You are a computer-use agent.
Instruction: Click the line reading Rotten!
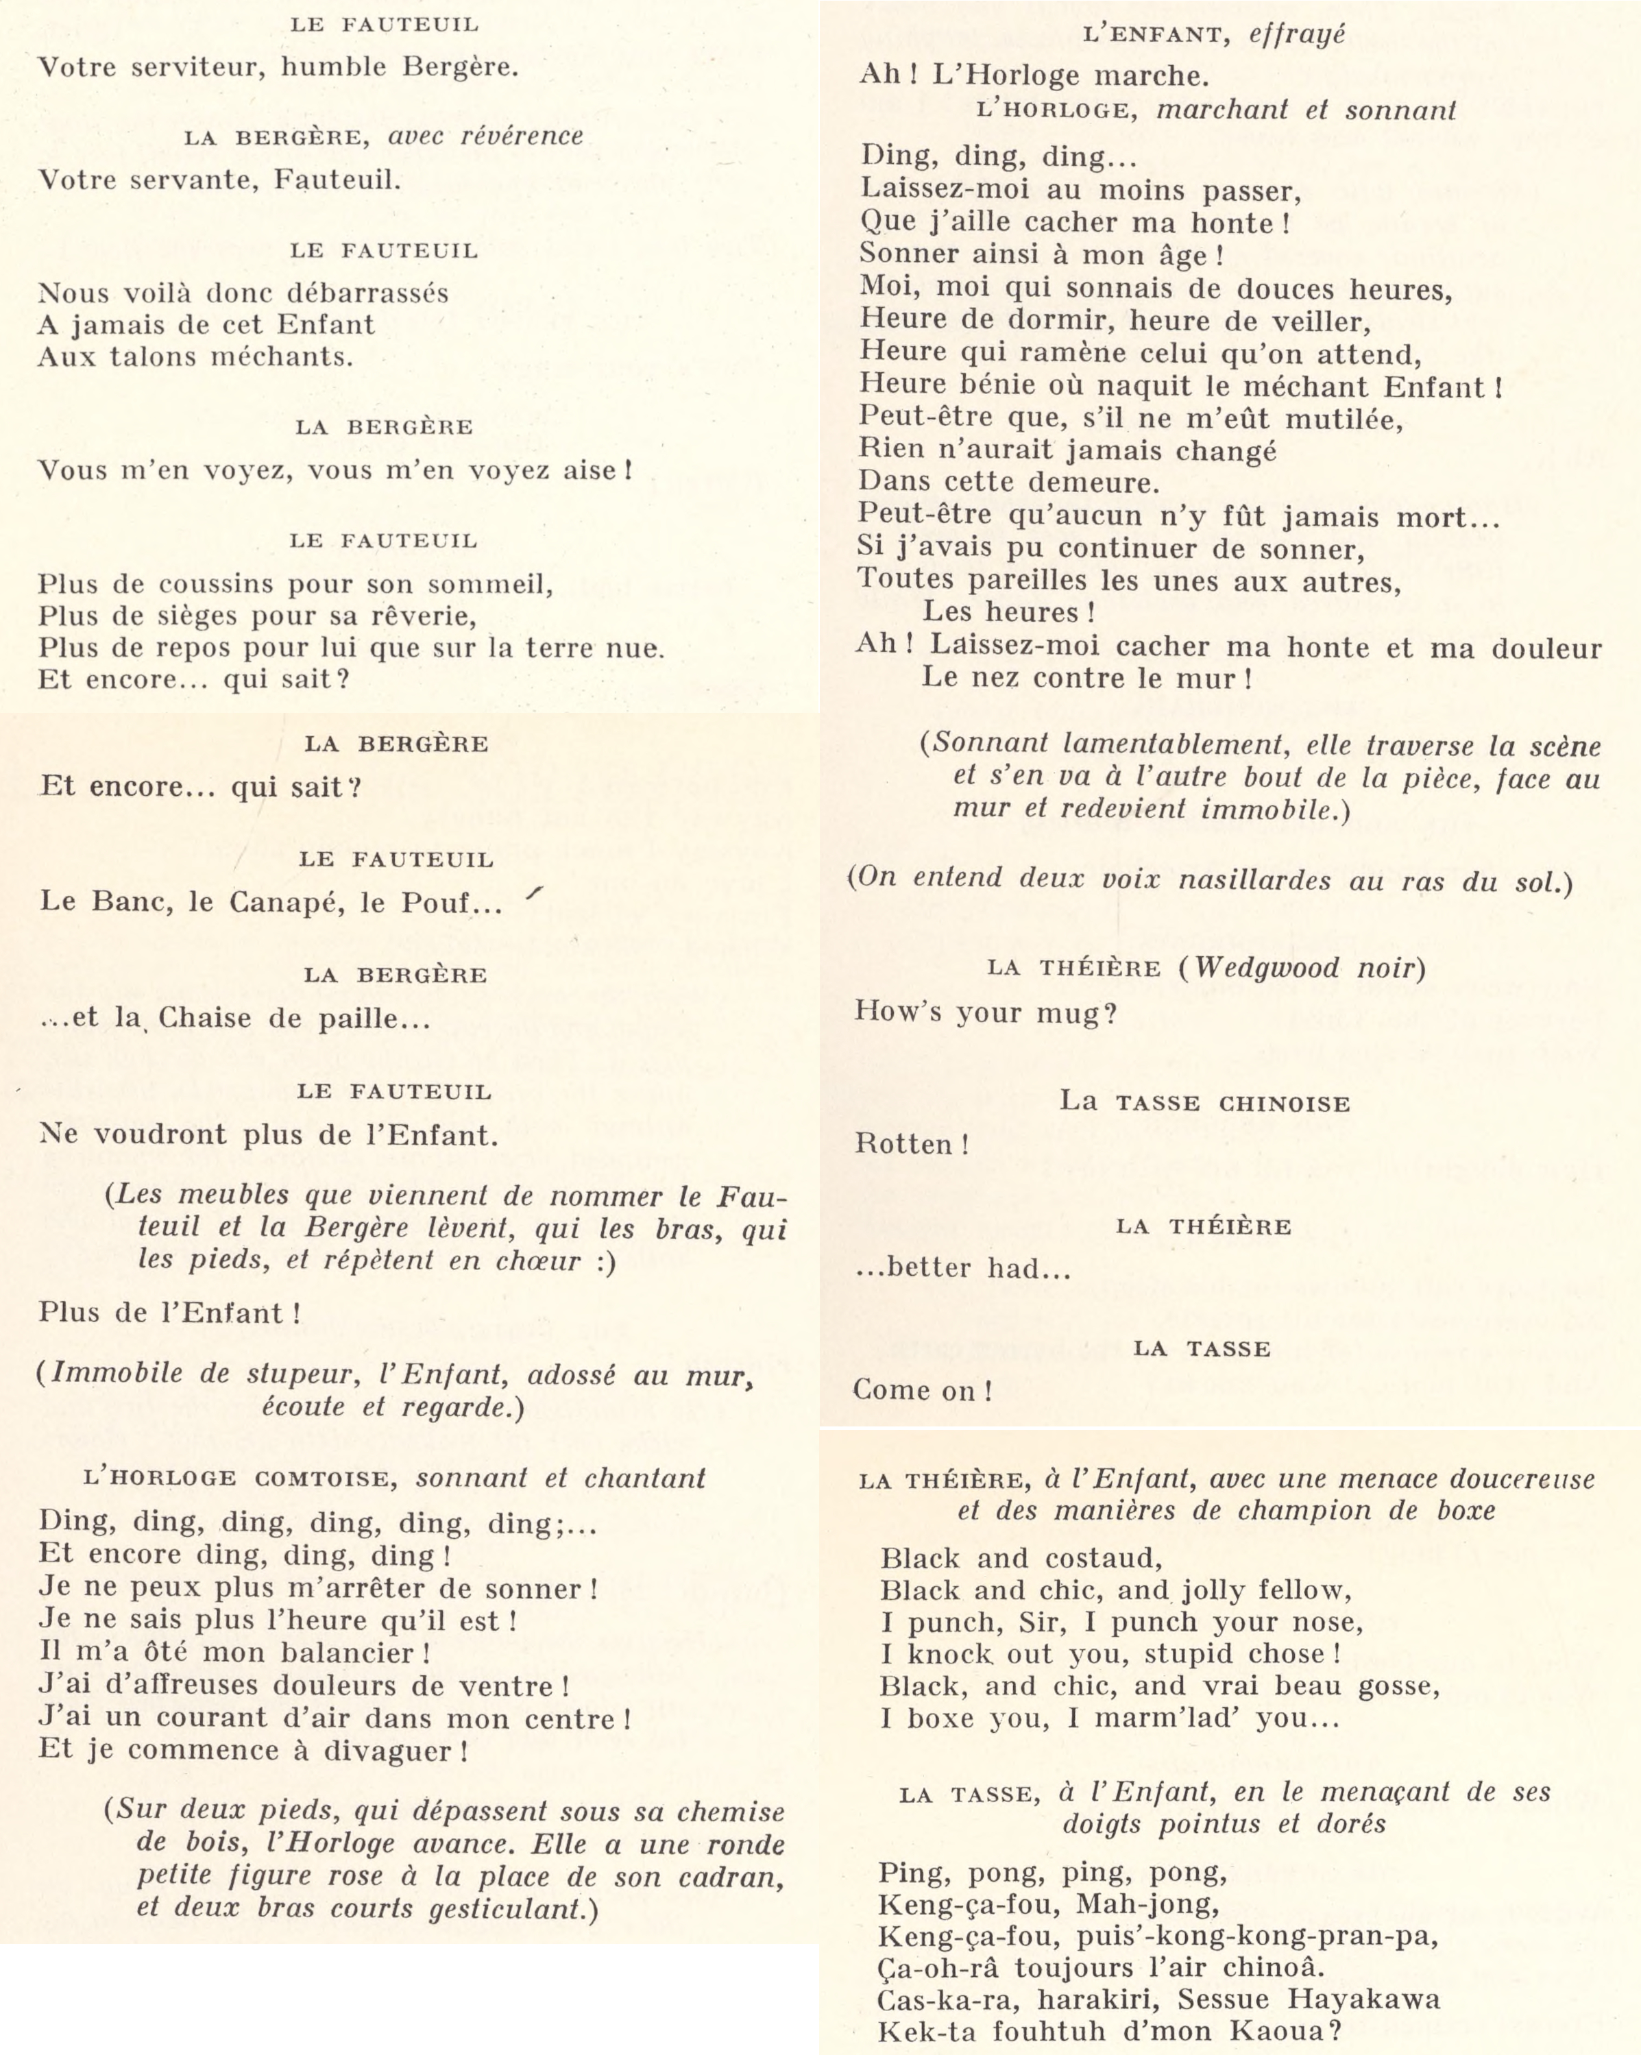click(911, 1144)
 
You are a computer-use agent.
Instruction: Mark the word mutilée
click(1344, 418)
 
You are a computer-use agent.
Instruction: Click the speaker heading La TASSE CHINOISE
click(1204, 1103)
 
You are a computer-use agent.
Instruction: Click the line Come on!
click(921, 1391)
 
